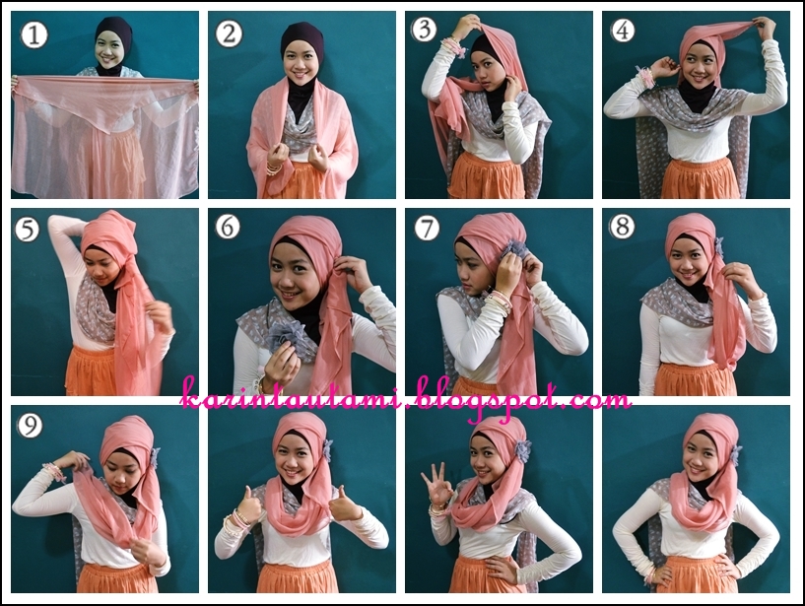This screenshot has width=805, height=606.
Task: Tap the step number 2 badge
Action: click(229, 34)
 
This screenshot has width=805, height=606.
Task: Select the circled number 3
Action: click(425, 30)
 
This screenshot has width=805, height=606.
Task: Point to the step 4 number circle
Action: click(622, 31)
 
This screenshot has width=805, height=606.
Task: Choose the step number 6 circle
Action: click(228, 228)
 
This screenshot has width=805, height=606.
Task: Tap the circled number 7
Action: click(427, 229)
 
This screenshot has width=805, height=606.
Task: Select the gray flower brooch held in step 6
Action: click(292, 341)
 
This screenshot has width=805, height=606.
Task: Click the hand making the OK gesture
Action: click(436, 485)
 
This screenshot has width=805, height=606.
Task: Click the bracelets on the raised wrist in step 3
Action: click(452, 47)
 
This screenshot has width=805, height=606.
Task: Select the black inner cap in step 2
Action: click(301, 39)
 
